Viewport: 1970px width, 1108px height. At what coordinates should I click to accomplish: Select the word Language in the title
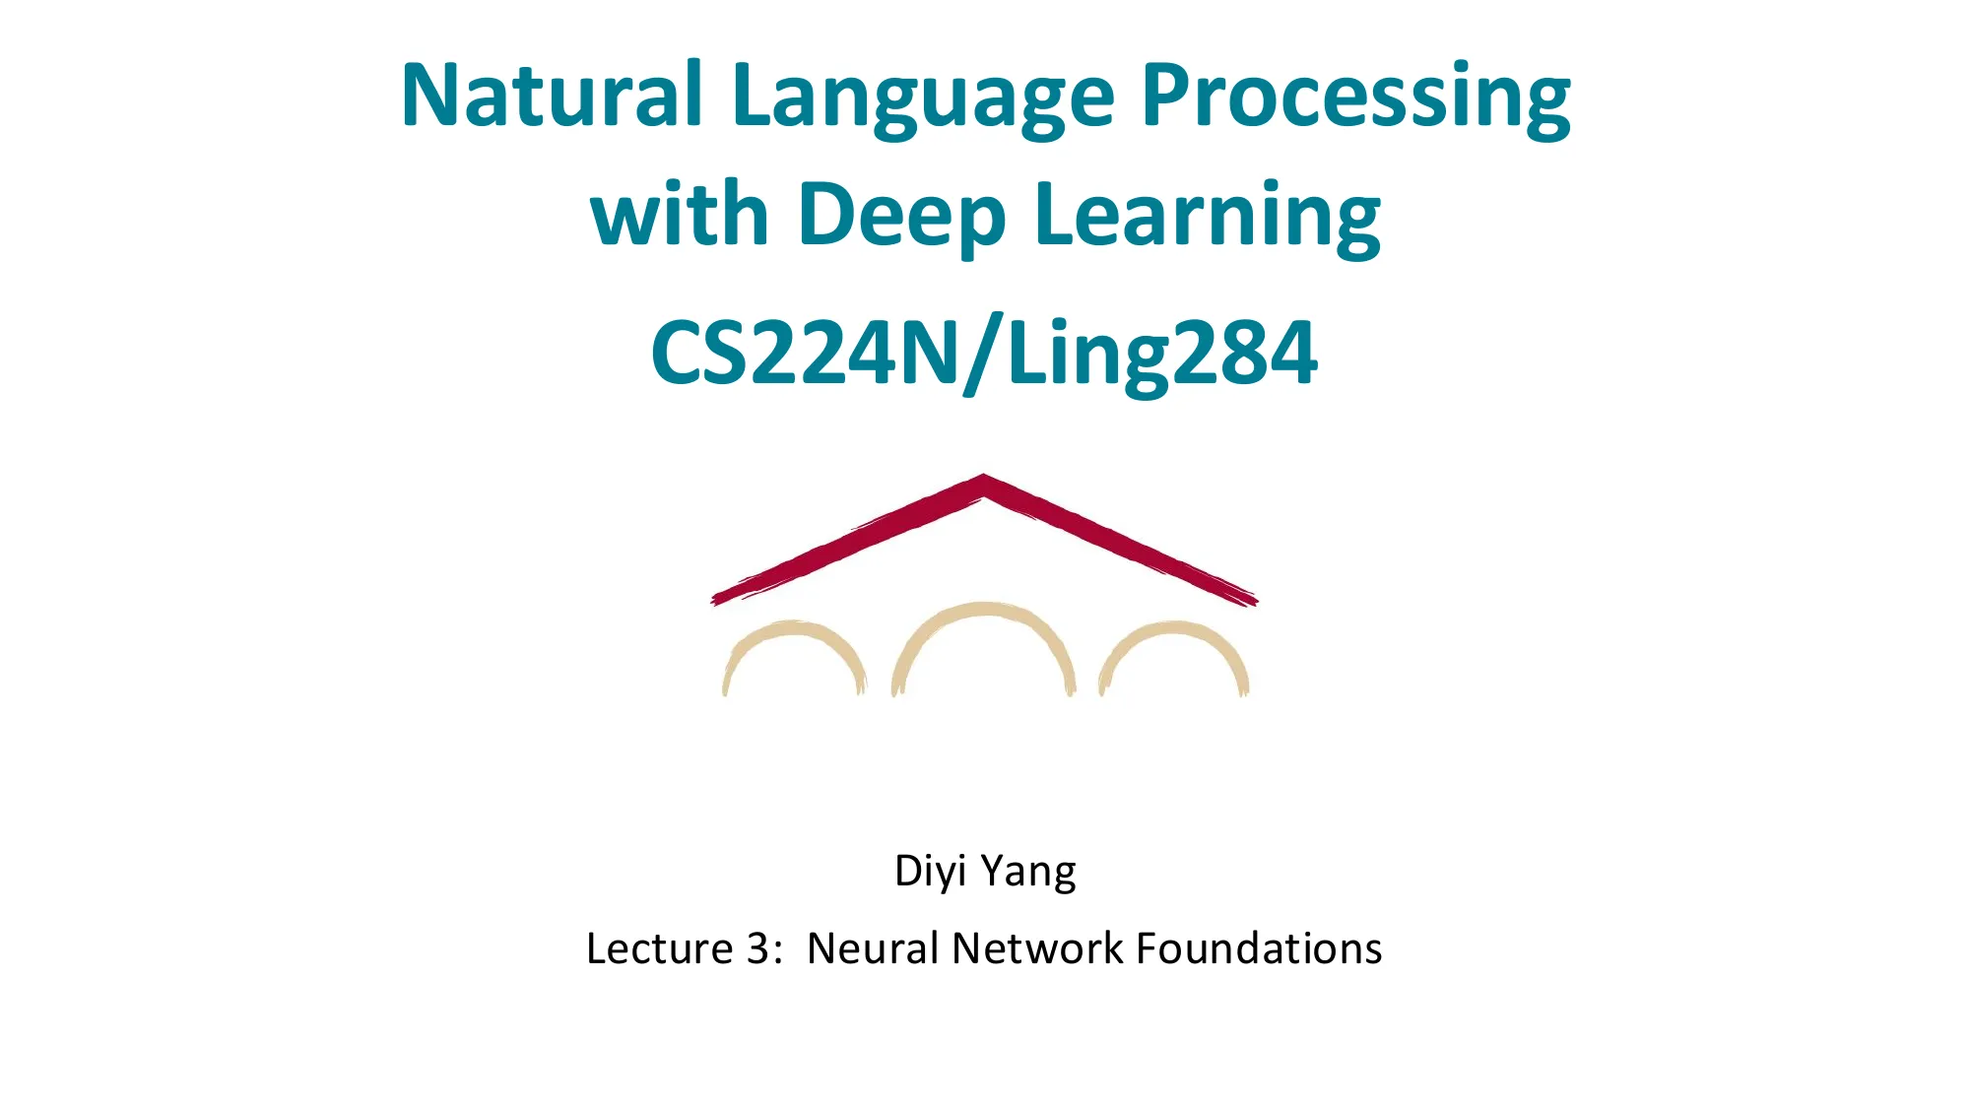coord(923,98)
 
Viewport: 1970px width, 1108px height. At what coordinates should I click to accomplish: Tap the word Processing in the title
coord(1355,98)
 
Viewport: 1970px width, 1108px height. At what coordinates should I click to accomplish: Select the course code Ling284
coord(1162,355)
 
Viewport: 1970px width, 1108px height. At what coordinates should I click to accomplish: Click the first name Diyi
coord(930,872)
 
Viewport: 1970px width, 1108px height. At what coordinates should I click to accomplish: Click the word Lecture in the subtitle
coord(659,948)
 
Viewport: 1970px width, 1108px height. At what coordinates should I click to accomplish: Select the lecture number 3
coord(757,948)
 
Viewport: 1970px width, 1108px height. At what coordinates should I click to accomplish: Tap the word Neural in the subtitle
coord(873,948)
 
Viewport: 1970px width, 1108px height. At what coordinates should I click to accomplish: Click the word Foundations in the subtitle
coord(1259,948)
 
